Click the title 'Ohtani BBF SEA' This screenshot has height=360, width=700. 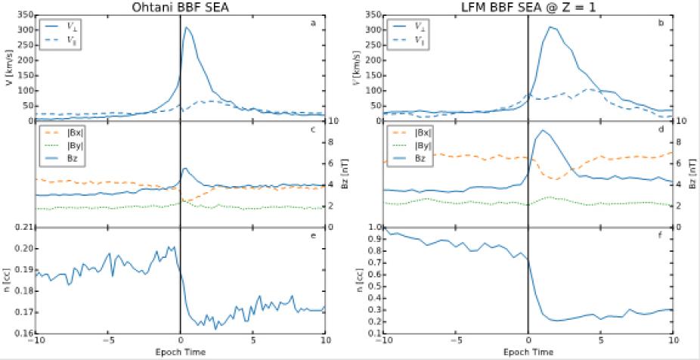[180, 7]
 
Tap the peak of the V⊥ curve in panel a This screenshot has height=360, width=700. [185, 28]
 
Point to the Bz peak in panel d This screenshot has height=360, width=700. [540, 131]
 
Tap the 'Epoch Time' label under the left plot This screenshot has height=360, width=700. [180, 352]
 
